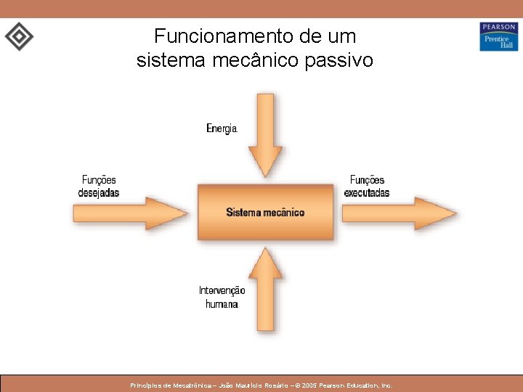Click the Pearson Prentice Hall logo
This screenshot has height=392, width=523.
click(x=498, y=36)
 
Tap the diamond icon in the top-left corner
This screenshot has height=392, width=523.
click(x=19, y=36)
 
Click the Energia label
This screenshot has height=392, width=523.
click(x=222, y=128)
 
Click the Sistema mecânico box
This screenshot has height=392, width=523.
click(x=266, y=212)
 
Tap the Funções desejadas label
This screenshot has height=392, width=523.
click(x=99, y=187)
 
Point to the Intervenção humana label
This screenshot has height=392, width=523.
click(x=222, y=297)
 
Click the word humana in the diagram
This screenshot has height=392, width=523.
click(x=222, y=304)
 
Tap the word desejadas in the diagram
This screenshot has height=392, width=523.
click(x=99, y=193)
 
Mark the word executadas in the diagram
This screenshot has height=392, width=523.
click(x=367, y=193)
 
